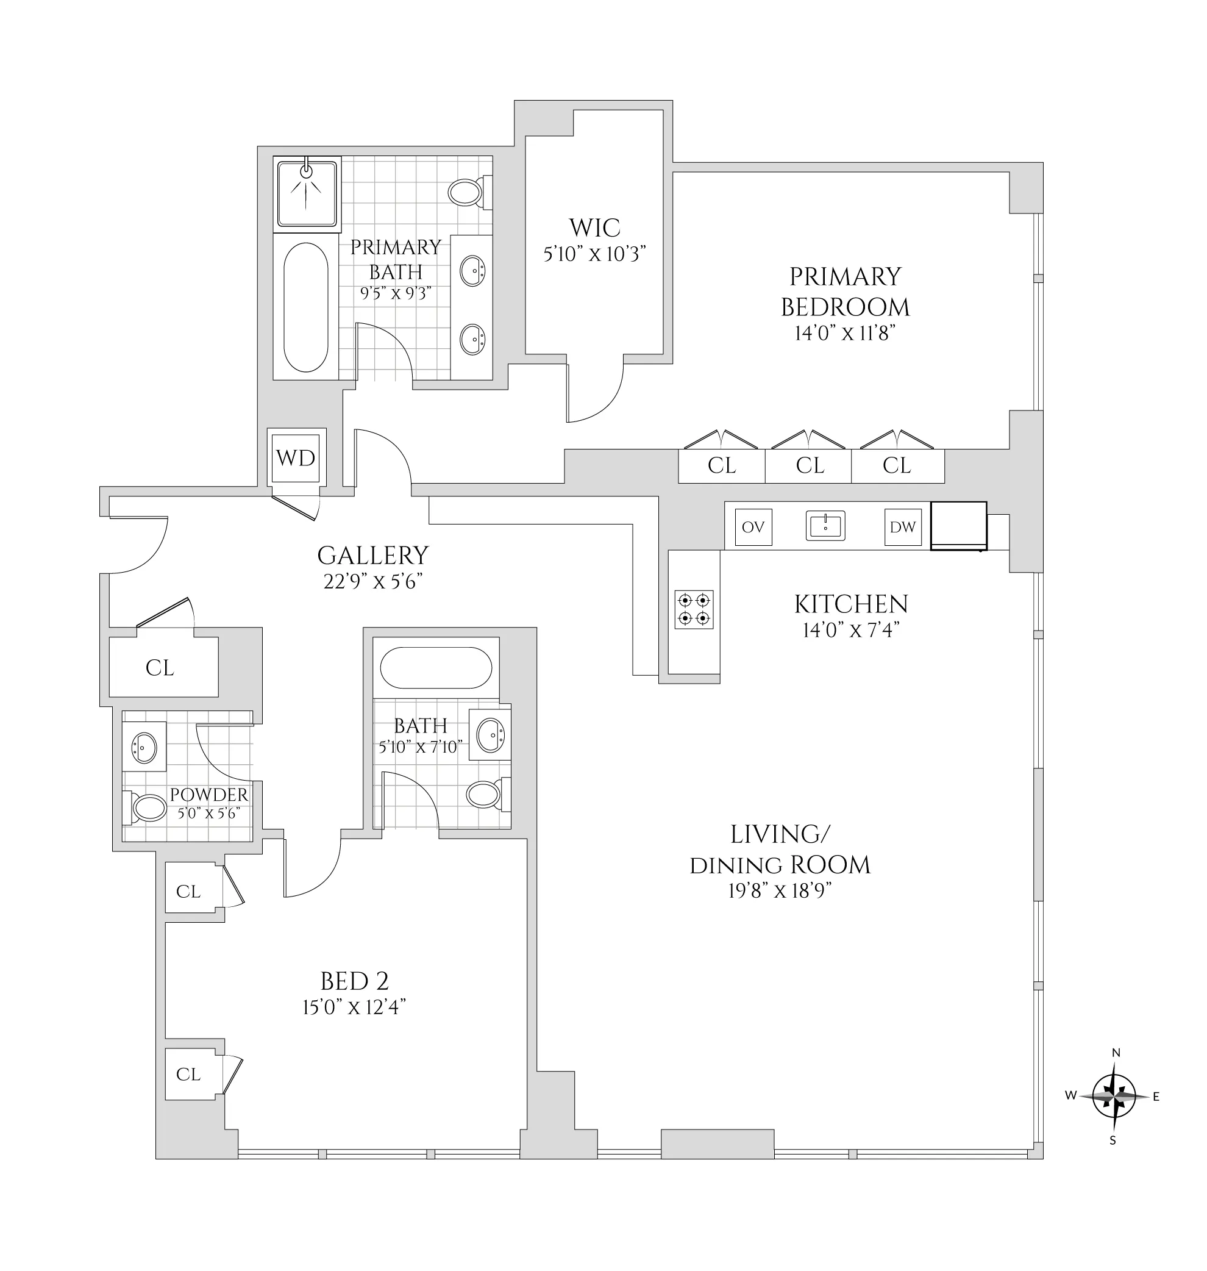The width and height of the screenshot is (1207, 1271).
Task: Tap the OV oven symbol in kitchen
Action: click(753, 527)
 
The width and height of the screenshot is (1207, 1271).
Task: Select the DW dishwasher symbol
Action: click(902, 527)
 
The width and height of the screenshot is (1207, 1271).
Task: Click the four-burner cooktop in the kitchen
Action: click(694, 609)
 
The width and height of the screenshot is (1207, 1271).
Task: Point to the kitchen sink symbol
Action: click(825, 526)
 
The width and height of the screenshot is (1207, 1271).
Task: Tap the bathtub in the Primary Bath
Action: click(305, 307)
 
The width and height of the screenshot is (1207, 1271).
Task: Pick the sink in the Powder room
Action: click(144, 746)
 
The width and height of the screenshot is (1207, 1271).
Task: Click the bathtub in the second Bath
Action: click(436, 667)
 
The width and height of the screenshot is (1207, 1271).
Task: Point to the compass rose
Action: click(1114, 1095)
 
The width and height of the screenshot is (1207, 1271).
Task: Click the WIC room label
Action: click(594, 228)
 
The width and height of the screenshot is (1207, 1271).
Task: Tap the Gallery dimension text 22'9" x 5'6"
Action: click(372, 582)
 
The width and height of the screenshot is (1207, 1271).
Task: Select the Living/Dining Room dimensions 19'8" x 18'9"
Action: click(780, 890)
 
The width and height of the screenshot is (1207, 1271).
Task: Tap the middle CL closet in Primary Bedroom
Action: click(809, 465)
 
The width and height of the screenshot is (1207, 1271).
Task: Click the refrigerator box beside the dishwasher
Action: click(958, 526)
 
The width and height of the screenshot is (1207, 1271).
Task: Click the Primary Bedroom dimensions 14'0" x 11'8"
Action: click(844, 334)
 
